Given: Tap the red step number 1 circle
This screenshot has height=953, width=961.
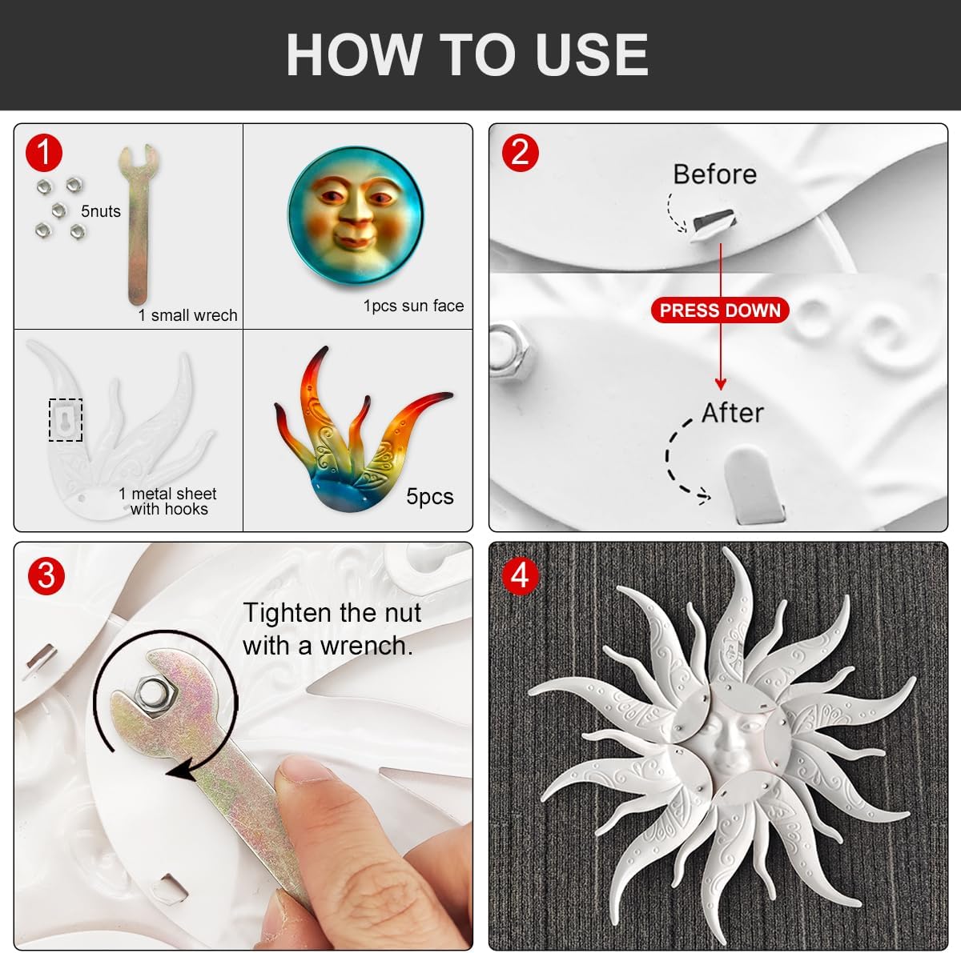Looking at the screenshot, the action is click(44, 153).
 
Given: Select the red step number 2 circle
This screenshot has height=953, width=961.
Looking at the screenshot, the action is click(521, 153).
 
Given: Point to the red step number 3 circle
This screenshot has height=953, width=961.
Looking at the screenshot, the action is click(46, 576).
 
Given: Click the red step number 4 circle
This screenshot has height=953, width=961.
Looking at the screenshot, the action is click(521, 576).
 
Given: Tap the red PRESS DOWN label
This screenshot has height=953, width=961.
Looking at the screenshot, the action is click(720, 310).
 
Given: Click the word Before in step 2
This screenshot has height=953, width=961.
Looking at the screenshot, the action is click(714, 174).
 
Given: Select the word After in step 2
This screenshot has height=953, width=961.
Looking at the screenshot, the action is click(733, 413).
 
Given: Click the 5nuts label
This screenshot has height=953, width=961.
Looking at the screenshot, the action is click(101, 211).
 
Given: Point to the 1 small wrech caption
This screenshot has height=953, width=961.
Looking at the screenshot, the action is click(187, 315).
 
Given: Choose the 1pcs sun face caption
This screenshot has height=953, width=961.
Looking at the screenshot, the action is click(413, 306).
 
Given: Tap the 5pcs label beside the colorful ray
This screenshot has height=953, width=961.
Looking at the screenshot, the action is click(430, 496).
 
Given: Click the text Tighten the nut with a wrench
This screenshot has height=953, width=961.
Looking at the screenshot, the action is click(332, 629).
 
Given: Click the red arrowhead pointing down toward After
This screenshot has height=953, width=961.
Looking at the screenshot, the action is click(720, 383).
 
